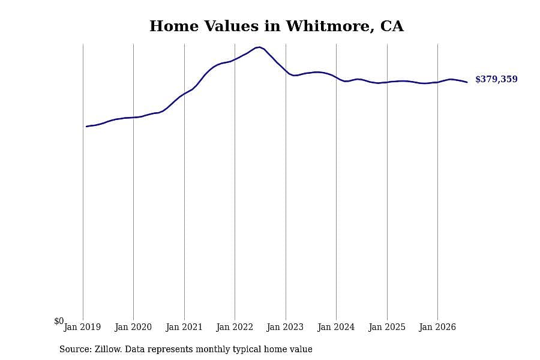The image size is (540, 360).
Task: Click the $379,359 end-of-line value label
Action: pos(496,79)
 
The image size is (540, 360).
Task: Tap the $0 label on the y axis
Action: pos(59,321)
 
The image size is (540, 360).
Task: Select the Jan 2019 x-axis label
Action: pos(82,327)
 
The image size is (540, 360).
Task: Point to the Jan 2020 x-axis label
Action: pos(133,327)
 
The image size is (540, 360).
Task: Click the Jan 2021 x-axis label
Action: pos(184,327)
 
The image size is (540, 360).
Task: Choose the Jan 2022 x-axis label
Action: pos(235,327)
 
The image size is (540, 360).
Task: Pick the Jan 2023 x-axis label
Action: pos(286,327)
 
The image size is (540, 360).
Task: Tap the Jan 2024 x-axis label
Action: pos(336,327)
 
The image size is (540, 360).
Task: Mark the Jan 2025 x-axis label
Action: pos(387,327)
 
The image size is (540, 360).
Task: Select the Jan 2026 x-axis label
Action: pos(438,327)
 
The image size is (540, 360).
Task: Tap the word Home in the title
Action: pos(174,26)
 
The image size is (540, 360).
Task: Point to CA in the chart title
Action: pos(392,26)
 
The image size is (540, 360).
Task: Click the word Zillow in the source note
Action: pos(108,349)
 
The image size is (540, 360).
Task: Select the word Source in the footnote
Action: pos(75,349)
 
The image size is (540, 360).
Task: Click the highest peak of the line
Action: pos(259,47)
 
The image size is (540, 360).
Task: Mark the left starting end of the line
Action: pos(86,127)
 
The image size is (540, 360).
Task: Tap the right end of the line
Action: pos(467,82)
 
